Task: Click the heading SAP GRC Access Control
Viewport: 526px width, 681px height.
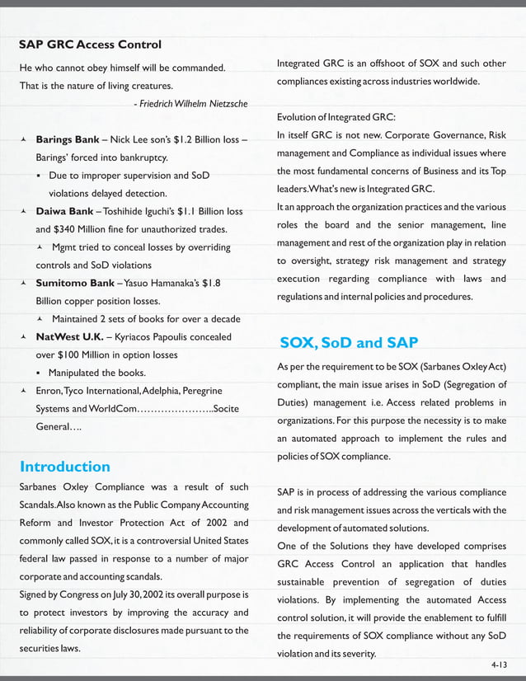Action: [x=90, y=44]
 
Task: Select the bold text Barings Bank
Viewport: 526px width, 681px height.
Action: [x=68, y=139]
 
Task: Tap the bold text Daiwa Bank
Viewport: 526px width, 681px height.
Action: [x=64, y=211]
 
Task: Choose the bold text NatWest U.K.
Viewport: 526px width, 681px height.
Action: [x=70, y=336]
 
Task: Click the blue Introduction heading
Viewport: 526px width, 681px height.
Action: [x=64, y=467]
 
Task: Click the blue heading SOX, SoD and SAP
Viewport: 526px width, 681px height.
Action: [x=348, y=342]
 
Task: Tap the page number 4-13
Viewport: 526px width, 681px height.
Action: [x=498, y=662]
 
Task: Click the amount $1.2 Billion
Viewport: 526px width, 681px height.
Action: [x=192, y=139]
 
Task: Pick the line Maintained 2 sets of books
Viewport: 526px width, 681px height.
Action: [x=146, y=318]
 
